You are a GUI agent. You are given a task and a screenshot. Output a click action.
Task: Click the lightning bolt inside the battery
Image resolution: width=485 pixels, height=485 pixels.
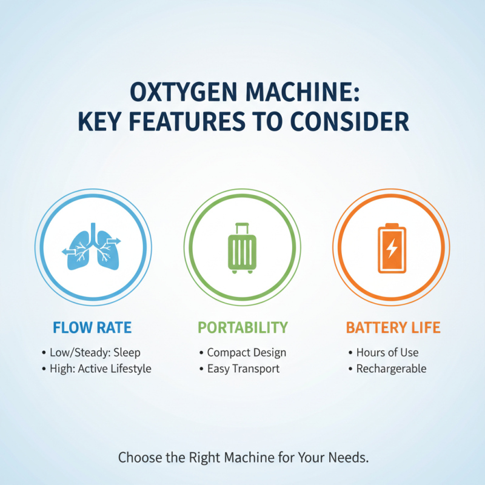pyautogui.click(x=392, y=249)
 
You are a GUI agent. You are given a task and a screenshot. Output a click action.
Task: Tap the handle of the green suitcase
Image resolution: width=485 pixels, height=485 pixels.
pyautogui.click(x=242, y=228)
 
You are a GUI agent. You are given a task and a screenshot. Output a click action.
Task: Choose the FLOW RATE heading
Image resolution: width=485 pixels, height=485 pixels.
pyautogui.click(x=92, y=329)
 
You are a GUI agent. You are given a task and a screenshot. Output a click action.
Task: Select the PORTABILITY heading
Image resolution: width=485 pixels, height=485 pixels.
pyautogui.click(x=242, y=329)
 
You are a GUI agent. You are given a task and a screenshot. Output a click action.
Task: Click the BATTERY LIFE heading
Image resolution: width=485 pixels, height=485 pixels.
pyautogui.click(x=393, y=329)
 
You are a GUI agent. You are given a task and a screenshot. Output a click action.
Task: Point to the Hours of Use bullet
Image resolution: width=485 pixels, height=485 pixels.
pyautogui.click(x=387, y=352)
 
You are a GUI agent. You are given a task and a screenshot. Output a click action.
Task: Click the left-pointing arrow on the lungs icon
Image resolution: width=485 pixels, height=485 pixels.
pyautogui.click(x=68, y=250)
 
